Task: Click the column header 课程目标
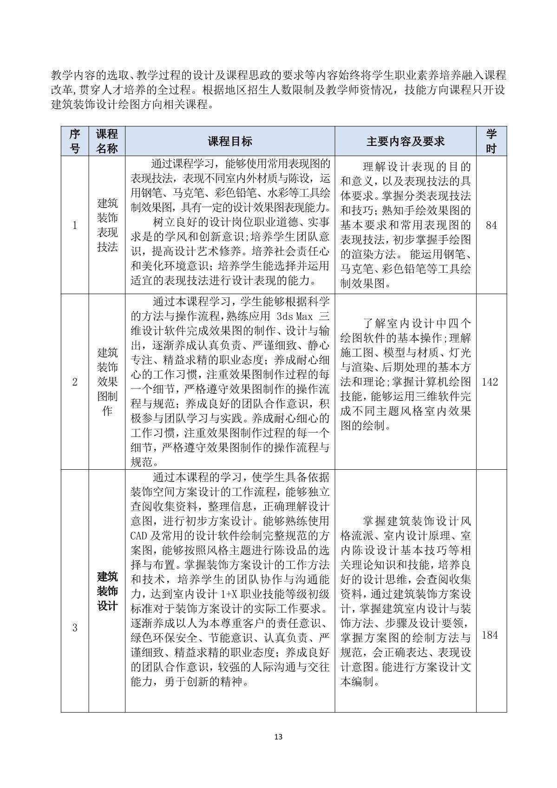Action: click(x=230, y=141)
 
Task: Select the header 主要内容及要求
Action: click(x=405, y=141)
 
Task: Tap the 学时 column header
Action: click(x=491, y=141)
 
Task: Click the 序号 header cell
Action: click(x=74, y=141)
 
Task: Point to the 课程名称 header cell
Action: click(x=107, y=141)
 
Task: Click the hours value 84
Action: click(x=491, y=225)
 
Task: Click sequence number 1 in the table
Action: click(x=75, y=225)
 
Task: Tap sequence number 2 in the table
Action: click(x=75, y=382)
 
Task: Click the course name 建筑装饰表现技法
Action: click(x=107, y=225)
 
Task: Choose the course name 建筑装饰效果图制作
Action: click(x=107, y=381)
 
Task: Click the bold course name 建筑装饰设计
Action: click(x=107, y=591)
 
